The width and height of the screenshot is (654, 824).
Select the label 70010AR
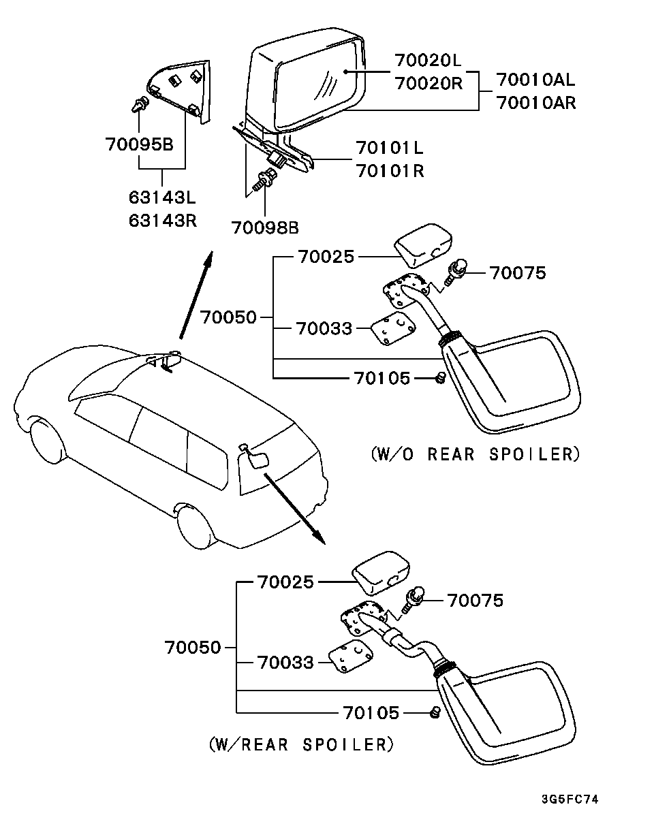pyautogui.click(x=535, y=103)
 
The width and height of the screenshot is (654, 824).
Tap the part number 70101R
pyautogui.click(x=389, y=170)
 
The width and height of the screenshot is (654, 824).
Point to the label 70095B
pyautogui.click(x=139, y=144)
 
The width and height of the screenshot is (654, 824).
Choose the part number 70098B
pyautogui.click(x=264, y=227)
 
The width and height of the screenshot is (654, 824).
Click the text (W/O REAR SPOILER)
pyautogui.click(x=476, y=454)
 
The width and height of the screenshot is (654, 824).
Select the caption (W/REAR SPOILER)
pyautogui.click(x=302, y=744)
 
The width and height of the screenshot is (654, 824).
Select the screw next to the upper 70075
pyautogui.click(x=455, y=273)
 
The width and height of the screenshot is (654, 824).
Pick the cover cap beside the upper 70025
pyautogui.click(x=423, y=244)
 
